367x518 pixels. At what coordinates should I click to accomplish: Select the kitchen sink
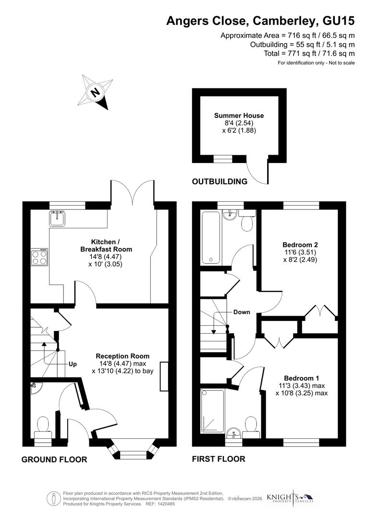(x=56, y=218)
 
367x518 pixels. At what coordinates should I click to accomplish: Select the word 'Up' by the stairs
(x=73, y=364)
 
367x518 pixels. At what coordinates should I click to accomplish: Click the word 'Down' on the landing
(x=242, y=312)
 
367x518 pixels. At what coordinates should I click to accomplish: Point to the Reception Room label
(x=122, y=356)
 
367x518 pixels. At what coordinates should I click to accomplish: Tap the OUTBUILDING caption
(x=220, y=181)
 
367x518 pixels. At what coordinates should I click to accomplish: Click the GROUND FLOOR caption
(x=54, y=459)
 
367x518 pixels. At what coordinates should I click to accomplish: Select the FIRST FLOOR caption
(x=219, y=459)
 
